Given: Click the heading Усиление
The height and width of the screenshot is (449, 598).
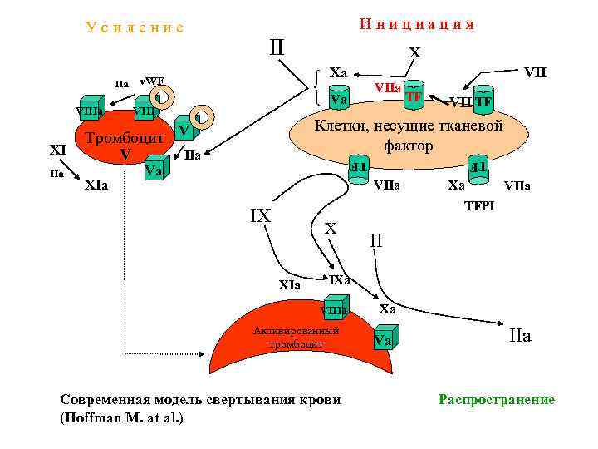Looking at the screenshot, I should pyautogui.click(x=135, y=27).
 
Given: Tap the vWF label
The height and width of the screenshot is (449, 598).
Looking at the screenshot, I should pyautogui.click(x=151, y=81).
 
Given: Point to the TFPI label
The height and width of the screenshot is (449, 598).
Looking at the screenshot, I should pyautogui.click(x=478, y=205).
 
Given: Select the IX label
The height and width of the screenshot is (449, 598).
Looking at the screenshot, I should pyautogui.click(x=260, y=215).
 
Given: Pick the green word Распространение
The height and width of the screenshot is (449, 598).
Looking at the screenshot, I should pyautogui.click(x=496, y=401).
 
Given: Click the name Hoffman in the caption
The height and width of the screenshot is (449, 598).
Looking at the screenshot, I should pyautogui.click(x=96, y=417).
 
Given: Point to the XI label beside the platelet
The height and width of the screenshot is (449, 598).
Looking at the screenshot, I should pyautogui.click(x=58, y=150).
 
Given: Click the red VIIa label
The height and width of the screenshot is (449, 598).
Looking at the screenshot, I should pyautogui.click(x=388, y=87).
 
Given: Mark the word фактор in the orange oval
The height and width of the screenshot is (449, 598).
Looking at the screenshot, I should pyautogui.click(x=408, y=146).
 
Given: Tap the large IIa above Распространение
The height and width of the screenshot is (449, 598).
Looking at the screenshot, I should pyautogui.click(x=519, y=336).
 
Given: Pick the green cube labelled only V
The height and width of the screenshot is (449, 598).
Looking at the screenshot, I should pyautogui.click(x=186, y=130).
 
